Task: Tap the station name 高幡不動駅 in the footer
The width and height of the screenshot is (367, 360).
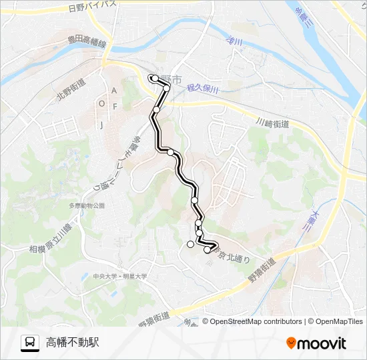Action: coord(73,343)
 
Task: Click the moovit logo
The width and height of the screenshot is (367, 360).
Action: coord(316,343)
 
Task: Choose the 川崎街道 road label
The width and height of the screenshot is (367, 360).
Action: coord(272,124)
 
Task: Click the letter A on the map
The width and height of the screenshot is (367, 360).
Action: coord(114,90)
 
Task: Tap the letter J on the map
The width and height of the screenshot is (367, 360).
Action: coord(102,125)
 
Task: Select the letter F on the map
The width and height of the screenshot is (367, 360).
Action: coord(115,107)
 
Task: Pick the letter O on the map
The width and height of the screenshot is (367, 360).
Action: coord(101,104)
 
